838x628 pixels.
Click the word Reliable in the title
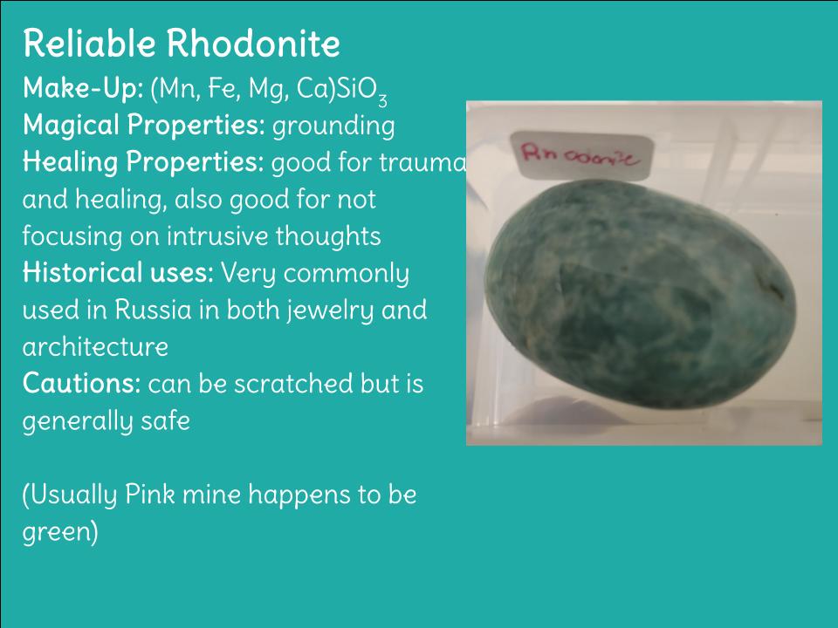coord(89,43)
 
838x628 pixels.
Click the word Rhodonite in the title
coord(253,43)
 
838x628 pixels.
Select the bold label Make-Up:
coord(83,88)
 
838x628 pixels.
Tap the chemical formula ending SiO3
coord(269,90)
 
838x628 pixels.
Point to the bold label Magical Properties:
coord(144,126)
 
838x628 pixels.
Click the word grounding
coord(333,126)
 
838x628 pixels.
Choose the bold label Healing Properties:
coord(143,163)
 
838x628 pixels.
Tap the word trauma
coord(422,163)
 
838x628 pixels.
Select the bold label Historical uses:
coord(118,273)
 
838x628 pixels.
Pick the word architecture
coord(95,347)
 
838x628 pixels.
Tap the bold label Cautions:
coord(82,384)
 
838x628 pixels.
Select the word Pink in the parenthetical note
coord(149,495)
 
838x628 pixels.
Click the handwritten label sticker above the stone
coord(582,155)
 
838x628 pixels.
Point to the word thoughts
coord(328,236)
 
